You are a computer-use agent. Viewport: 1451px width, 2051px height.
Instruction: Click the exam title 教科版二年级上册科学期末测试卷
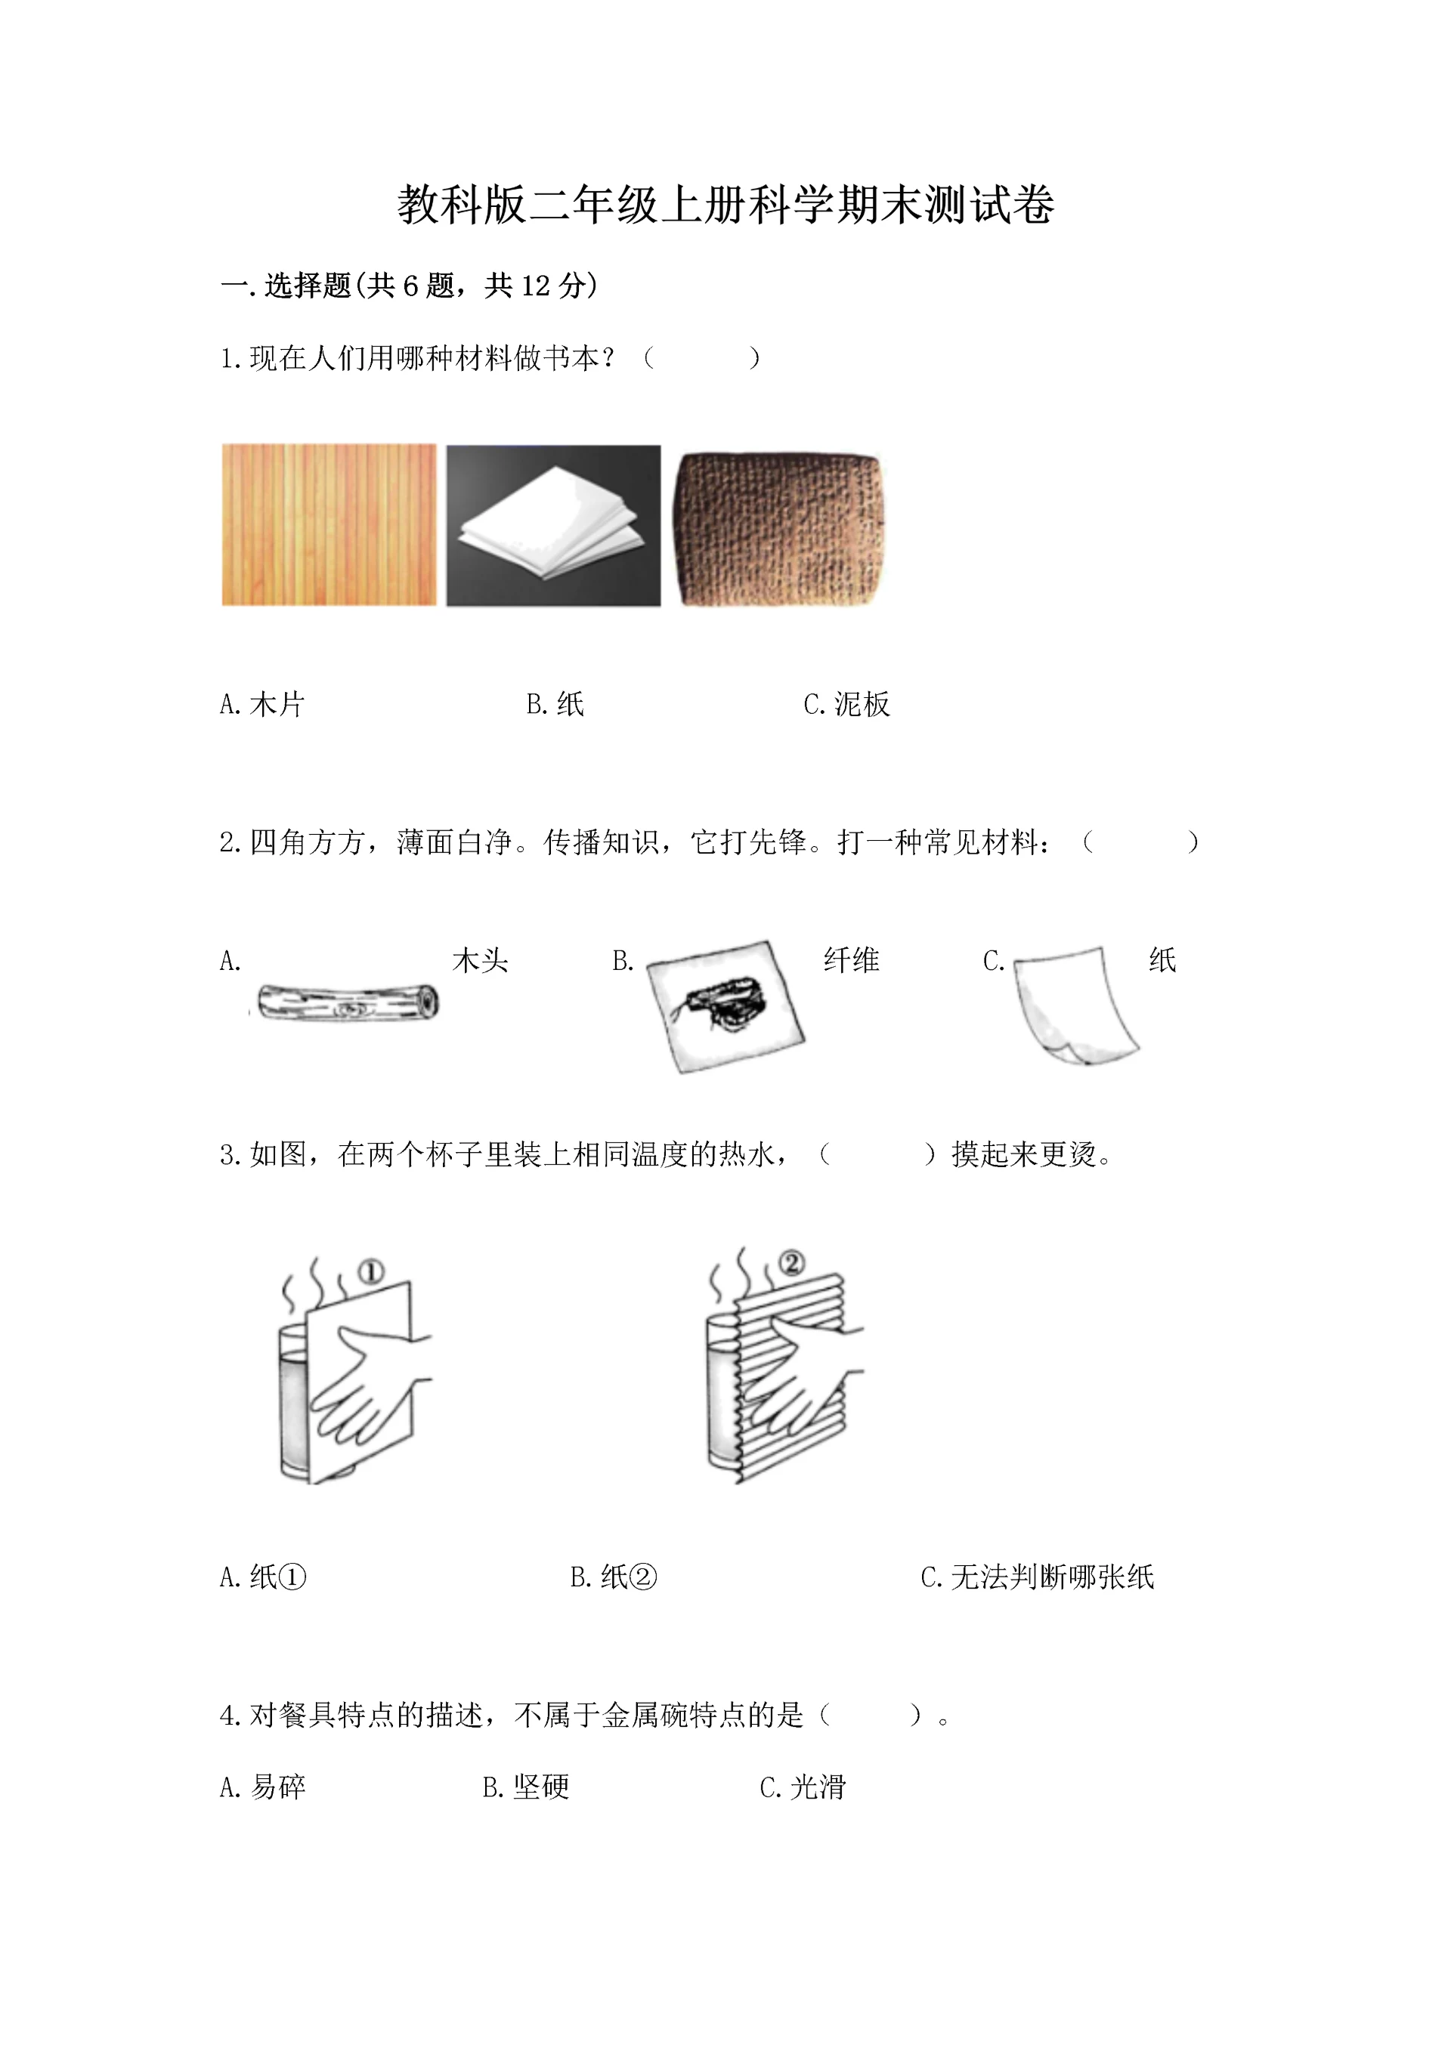[725, 205]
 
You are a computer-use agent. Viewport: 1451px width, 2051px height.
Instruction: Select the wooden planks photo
[329, 525]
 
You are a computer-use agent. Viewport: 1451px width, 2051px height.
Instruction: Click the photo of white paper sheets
[553, 525]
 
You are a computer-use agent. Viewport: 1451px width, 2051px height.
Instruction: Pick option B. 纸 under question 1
[555, 705]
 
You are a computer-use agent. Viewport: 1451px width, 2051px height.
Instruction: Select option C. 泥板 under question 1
[846, 705]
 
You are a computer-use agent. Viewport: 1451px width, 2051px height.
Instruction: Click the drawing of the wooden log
[347, 1003]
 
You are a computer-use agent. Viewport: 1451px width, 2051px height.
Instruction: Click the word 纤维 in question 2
[851, 960]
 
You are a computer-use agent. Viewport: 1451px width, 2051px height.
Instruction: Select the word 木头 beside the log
[480, 960]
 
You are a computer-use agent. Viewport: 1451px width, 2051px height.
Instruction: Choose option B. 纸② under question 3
[613, 1577]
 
